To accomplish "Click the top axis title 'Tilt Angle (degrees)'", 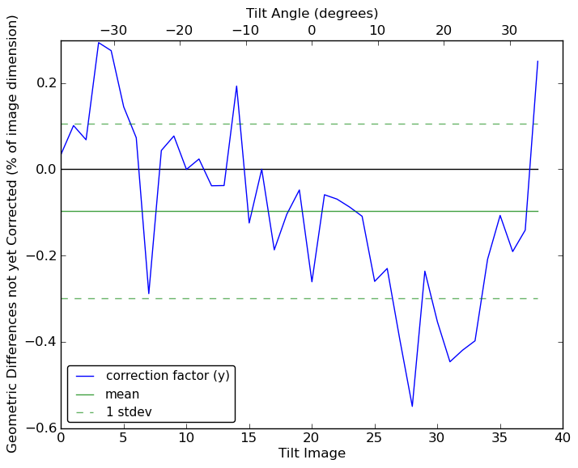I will tap(312, 13).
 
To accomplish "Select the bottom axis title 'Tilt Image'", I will tap(312, 453).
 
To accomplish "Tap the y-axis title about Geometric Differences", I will tap(13, 234).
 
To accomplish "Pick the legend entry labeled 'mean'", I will tap(122, 394).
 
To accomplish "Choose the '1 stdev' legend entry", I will tap(129, 412).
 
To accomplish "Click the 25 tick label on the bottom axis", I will tap(374, 439).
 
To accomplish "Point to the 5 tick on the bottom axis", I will tap(123, 439).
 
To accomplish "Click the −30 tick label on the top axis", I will tap(113, 31).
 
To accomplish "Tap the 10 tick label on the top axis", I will tap(377, 31).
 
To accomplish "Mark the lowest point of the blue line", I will tap(412, 406).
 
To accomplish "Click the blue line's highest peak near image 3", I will tap(98, 42).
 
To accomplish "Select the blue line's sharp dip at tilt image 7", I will tap(148, 293).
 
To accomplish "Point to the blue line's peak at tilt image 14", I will tap(236, 86).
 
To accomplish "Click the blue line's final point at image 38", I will tap(538, 61).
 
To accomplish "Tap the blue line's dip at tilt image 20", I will tap(312, 281).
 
